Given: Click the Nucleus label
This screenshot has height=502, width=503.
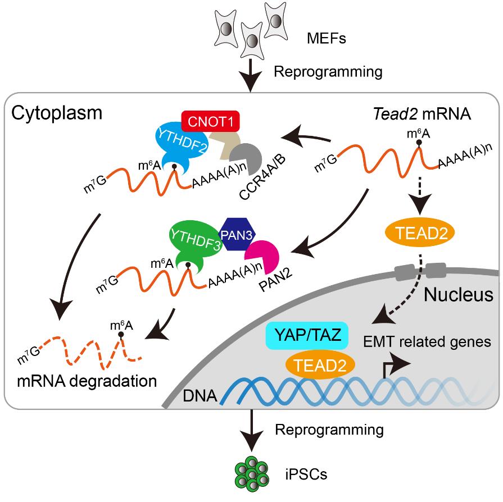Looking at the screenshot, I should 458,294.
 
